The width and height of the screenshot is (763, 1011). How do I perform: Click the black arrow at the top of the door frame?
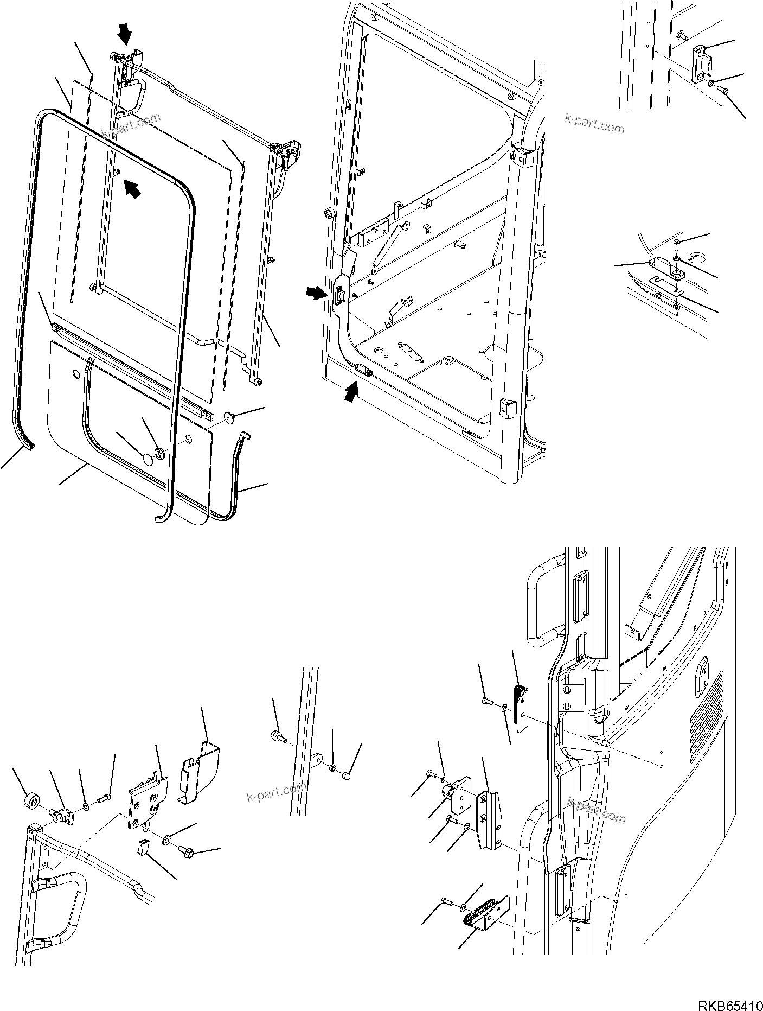pos(125,35)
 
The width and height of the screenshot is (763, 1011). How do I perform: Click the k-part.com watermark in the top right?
pos(594,124)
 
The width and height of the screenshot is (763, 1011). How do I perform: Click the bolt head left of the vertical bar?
pos(277,736)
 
